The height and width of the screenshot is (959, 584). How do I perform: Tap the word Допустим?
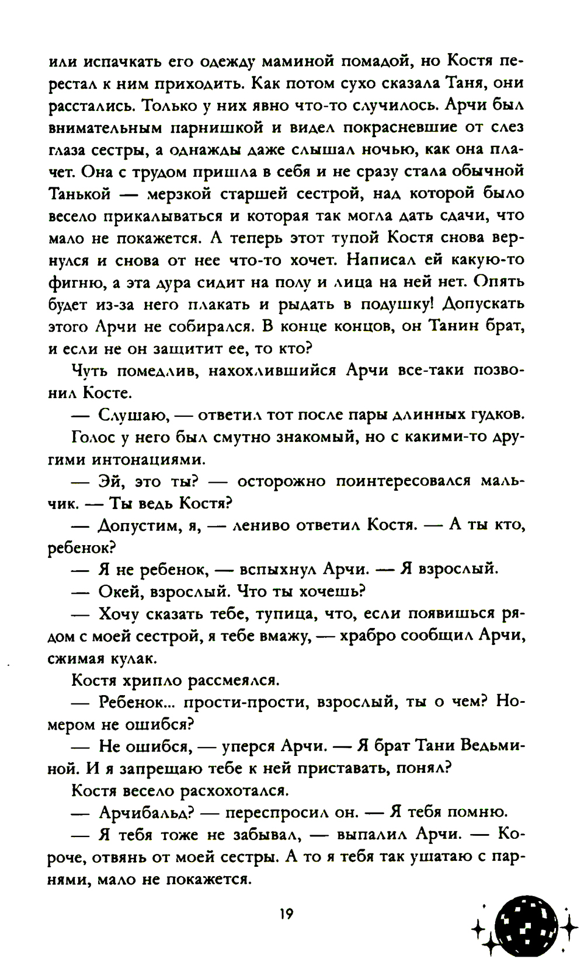[138, 526]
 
